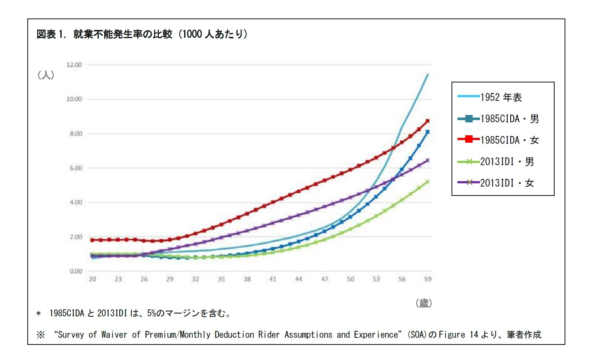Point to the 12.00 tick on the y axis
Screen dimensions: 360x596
(74, 65)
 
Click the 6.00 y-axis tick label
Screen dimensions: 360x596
(75, 168)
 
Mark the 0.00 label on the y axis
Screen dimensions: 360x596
(75, 271)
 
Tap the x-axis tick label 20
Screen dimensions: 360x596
(92, 279)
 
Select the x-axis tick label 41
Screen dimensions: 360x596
(273, 279)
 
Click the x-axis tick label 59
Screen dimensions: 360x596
(428, 279)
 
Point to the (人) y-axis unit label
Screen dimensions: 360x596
(46, 75)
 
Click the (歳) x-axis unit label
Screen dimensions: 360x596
(424, 303)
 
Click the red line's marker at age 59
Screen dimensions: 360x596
(428, 121)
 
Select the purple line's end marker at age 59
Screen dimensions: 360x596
(428, 160)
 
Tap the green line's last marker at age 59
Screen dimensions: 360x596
(428, 181)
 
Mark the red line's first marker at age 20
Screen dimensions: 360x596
(92, 240)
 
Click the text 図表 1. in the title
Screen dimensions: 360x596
(51, 34)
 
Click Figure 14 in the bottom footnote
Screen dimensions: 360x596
(458, 334)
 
